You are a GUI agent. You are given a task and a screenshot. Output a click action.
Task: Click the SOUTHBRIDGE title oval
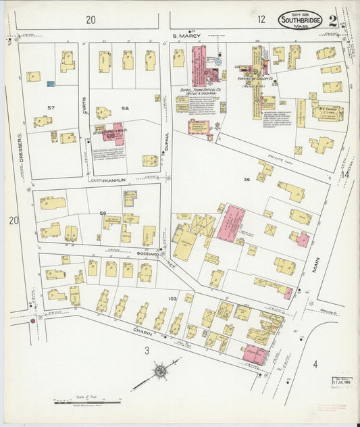(x=301, y=20)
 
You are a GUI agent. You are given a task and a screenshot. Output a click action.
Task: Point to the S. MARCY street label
(x=186, y=35)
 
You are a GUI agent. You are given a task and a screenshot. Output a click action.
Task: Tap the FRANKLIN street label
(x=115, y=180)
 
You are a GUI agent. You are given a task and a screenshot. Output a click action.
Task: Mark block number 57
(x=51, y=108)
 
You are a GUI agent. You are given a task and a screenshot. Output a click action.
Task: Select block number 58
(x=124, y=108)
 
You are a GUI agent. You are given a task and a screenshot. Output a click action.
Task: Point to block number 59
(x=103, y=214)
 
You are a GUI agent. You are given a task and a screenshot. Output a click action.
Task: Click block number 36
(x=247, y=179)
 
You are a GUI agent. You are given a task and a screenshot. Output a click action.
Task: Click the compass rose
(x=161, y=371)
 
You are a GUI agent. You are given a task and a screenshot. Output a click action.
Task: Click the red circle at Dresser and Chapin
(x=32, y=322)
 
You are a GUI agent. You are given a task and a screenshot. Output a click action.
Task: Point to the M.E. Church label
(x=327, y=108)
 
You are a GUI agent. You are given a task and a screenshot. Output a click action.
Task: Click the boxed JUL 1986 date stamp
(x=342, y=383)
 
